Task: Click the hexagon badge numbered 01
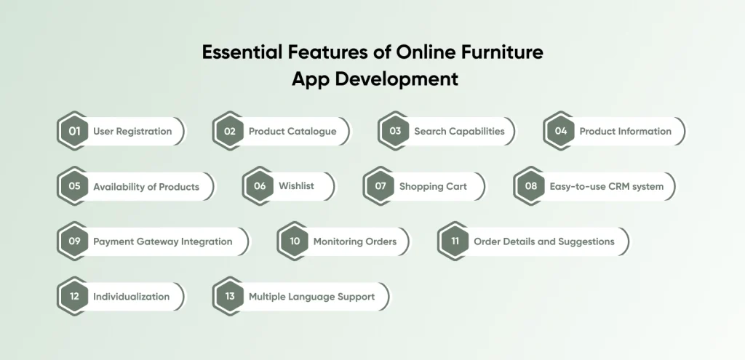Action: point(74,131)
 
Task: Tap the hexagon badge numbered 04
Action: point(561,131)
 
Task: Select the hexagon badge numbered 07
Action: point(381,186)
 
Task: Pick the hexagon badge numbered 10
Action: point(295,241)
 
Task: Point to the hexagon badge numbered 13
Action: point(230,296)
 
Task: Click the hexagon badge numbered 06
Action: point(260,186)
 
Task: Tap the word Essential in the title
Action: point(242,52)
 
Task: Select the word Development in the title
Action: point(397,79)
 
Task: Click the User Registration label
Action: point(132,132)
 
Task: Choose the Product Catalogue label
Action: point(292,132)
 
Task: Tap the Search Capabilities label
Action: point(460,132)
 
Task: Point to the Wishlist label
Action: point(297,186)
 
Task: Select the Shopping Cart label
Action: point(434,187)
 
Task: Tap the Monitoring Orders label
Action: point(355,241)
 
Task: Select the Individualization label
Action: point(131,297)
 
